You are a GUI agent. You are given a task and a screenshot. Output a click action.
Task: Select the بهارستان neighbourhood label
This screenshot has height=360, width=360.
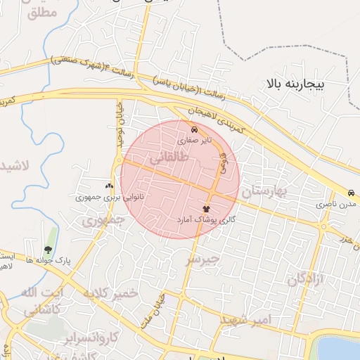tap(265, 191)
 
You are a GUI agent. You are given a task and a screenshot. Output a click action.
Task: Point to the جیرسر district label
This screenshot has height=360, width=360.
tap(202, 259)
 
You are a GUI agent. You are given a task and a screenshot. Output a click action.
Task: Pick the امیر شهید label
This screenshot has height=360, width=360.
tap(244, 320)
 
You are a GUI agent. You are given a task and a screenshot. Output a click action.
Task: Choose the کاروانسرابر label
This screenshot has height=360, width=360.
tap(70, 337)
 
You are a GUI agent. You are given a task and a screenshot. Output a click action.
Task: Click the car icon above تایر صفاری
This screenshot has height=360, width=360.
tap(195, 129)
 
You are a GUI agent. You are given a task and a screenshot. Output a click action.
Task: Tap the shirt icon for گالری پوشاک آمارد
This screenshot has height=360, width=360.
tap(206, 209)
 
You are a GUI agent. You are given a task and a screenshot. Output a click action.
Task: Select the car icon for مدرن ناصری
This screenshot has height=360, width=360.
tap(350, 193)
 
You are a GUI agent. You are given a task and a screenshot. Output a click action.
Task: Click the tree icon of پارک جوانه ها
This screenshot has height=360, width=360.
tap(48, 250)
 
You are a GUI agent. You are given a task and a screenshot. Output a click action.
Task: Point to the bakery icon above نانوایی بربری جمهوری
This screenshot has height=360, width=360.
tap(109, 186)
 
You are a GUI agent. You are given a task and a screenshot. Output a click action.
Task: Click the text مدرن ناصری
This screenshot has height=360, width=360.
tap(331, 204)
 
